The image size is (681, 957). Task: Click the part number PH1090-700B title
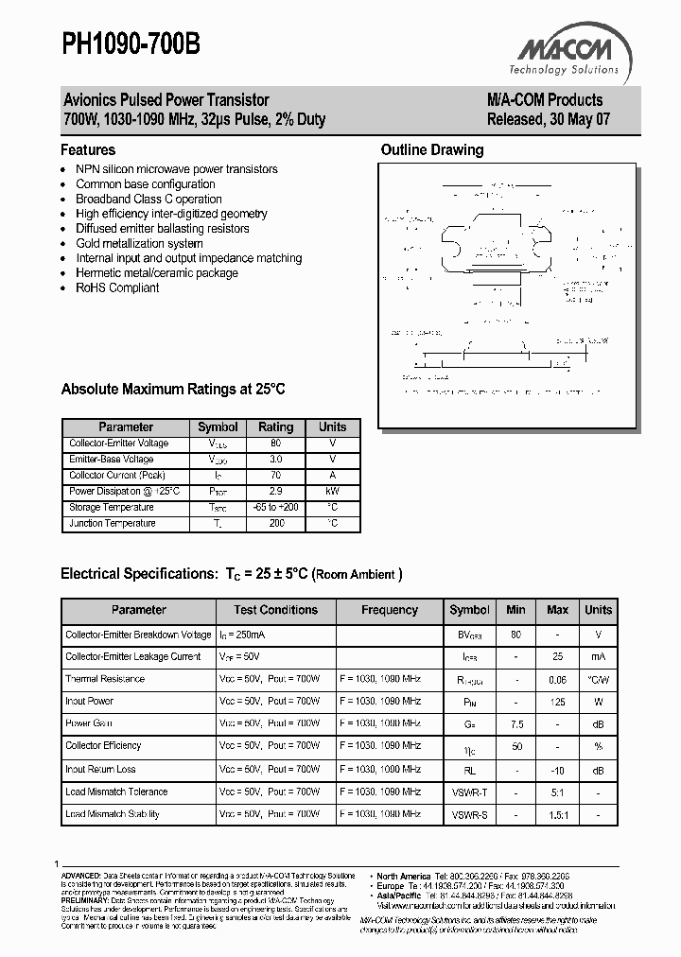click(131, 44)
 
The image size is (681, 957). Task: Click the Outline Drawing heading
click(431, 149)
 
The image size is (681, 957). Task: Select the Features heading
click(88, 149)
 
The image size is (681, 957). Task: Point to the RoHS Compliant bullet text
click(117, 287)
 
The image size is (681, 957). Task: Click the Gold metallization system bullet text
click(139, 243)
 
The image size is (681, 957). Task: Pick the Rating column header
click(276, 427)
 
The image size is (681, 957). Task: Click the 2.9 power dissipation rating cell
click(276, 492)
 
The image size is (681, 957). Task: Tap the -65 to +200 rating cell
click(276, 508)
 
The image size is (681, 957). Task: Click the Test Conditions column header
click(275, 610)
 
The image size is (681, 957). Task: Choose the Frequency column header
click(389, 610)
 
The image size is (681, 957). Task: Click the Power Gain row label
click(90, 723)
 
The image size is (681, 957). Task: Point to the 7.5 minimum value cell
click(515, 723)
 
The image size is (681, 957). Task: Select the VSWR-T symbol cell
click(469, 792)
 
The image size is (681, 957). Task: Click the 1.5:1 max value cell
click(557, 814)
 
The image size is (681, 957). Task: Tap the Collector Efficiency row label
click(103, 746)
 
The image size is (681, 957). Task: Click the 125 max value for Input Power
click(557, 701)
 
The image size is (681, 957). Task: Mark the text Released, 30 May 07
click(544, 120)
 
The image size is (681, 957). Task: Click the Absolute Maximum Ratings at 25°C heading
click(172, 389)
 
